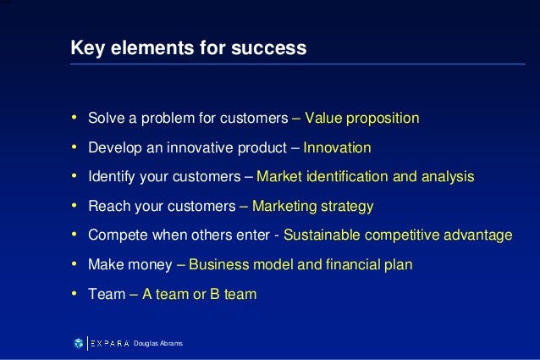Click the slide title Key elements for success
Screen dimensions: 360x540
(x=188, y=49)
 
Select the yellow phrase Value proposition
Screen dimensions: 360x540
(x=361, y=119)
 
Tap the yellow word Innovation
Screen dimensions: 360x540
(x=337, y=147)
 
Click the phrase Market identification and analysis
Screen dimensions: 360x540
(x=365, y=177)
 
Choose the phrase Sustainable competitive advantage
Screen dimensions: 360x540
(x=398, y=235)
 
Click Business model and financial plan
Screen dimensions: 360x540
(x=300, y=264)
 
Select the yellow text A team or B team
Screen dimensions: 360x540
(x=199, y=294)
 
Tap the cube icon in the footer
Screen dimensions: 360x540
(x=79, y=343)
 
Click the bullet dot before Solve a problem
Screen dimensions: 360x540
(x=74, y=118)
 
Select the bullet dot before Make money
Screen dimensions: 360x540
(x=74, y=263)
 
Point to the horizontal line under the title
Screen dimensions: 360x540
(x=297, y=64)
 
